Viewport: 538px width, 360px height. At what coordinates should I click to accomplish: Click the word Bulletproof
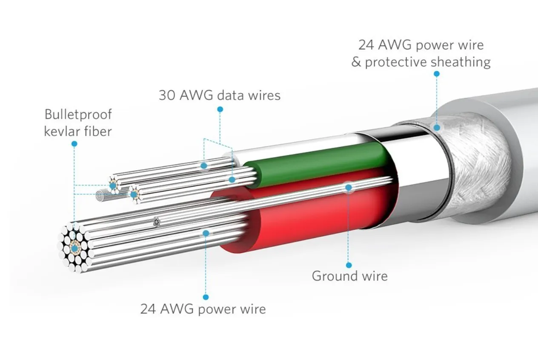tap(78, 115)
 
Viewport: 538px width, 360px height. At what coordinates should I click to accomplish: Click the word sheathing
tap(461, 62)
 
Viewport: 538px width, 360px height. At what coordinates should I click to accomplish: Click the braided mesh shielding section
tap(477, 166)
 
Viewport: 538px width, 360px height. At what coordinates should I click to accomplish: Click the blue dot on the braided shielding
tap(436, 127)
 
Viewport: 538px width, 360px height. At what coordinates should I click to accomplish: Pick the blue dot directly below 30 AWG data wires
tap(220, 109)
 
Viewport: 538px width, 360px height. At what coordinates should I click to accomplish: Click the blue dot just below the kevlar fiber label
tap(74, 144)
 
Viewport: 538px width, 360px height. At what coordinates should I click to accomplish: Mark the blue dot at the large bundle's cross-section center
tap(75, 247)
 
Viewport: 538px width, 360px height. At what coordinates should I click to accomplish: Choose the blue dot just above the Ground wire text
tap(349, 265)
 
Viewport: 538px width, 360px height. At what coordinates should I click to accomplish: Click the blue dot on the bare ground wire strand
tap(349, 187)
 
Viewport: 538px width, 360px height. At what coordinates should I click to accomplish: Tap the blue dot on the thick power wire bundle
tap(206, 233)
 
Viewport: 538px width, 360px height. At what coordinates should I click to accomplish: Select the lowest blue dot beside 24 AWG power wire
tap(206, 297)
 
